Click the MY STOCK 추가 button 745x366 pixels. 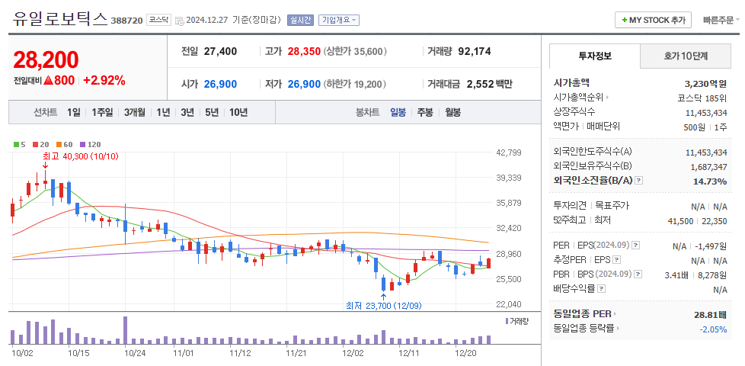pos(654,20)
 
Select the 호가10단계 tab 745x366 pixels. pos(686,56)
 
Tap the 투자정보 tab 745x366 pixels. pos(595,56)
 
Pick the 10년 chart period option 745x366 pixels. pos(238,112)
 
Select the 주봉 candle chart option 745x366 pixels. pos(424,112)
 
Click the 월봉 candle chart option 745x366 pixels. pos(452,112)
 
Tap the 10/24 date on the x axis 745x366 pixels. pos(135,353)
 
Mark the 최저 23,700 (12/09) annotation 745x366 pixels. pos(383,306)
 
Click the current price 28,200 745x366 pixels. pos(46,59)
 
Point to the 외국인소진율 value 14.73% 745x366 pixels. pos(705,181)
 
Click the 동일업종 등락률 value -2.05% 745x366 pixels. pos(713,329)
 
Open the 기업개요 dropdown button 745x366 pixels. pos(339,20)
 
